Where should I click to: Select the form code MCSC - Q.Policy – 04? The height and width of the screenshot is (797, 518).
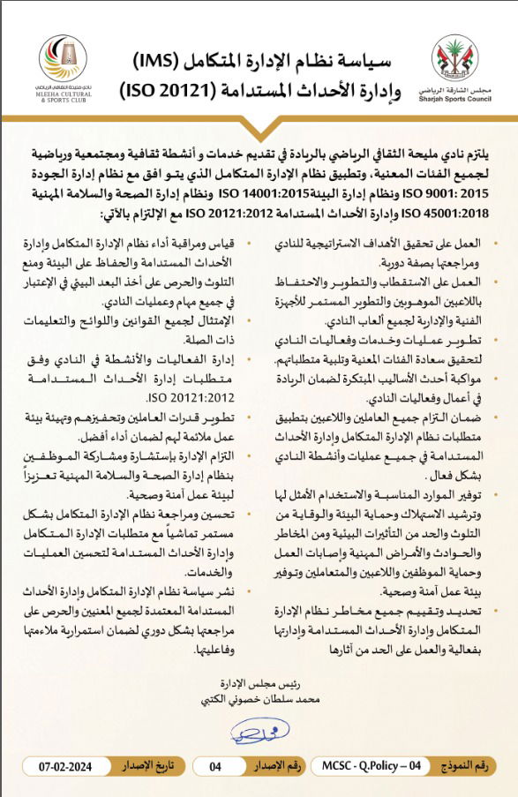coord(372,766)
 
